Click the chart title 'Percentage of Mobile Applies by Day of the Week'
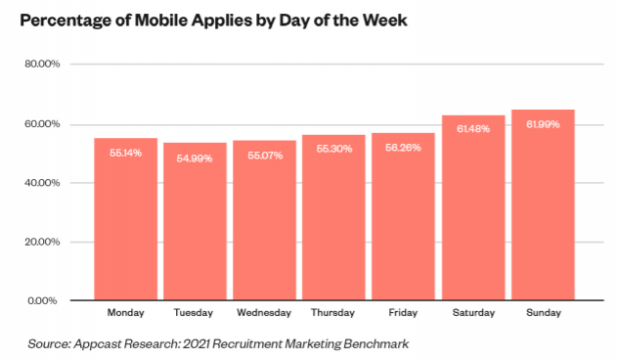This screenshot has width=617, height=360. click(214, 21)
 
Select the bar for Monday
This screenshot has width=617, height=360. click(125, 219)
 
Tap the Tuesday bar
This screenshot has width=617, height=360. click(195, 221)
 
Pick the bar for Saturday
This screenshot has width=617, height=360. click(473, 207)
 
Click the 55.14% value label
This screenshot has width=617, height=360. click(125, 153)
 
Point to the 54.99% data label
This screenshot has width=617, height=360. click(195, 158)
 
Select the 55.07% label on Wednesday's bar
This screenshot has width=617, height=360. click(265, 156)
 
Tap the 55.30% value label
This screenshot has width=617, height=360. click(334, 149)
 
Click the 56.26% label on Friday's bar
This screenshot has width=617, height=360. click(403, 148)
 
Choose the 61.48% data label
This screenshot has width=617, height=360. click(473, 129)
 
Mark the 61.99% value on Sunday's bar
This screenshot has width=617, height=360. click(543, 124)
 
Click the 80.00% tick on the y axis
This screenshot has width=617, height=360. click(42, 64)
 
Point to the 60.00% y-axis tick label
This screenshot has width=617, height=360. click(42, 124)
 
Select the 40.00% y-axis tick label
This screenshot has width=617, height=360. click(42, 183)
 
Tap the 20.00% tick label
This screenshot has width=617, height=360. click(42, 242)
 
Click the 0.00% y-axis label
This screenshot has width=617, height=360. click(42, 301)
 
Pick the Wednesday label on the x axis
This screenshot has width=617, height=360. click(264, 313)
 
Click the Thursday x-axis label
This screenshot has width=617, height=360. click(332, 313)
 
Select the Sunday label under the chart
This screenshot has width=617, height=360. click(544, 313)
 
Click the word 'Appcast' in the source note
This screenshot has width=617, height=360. click(97, 343)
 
